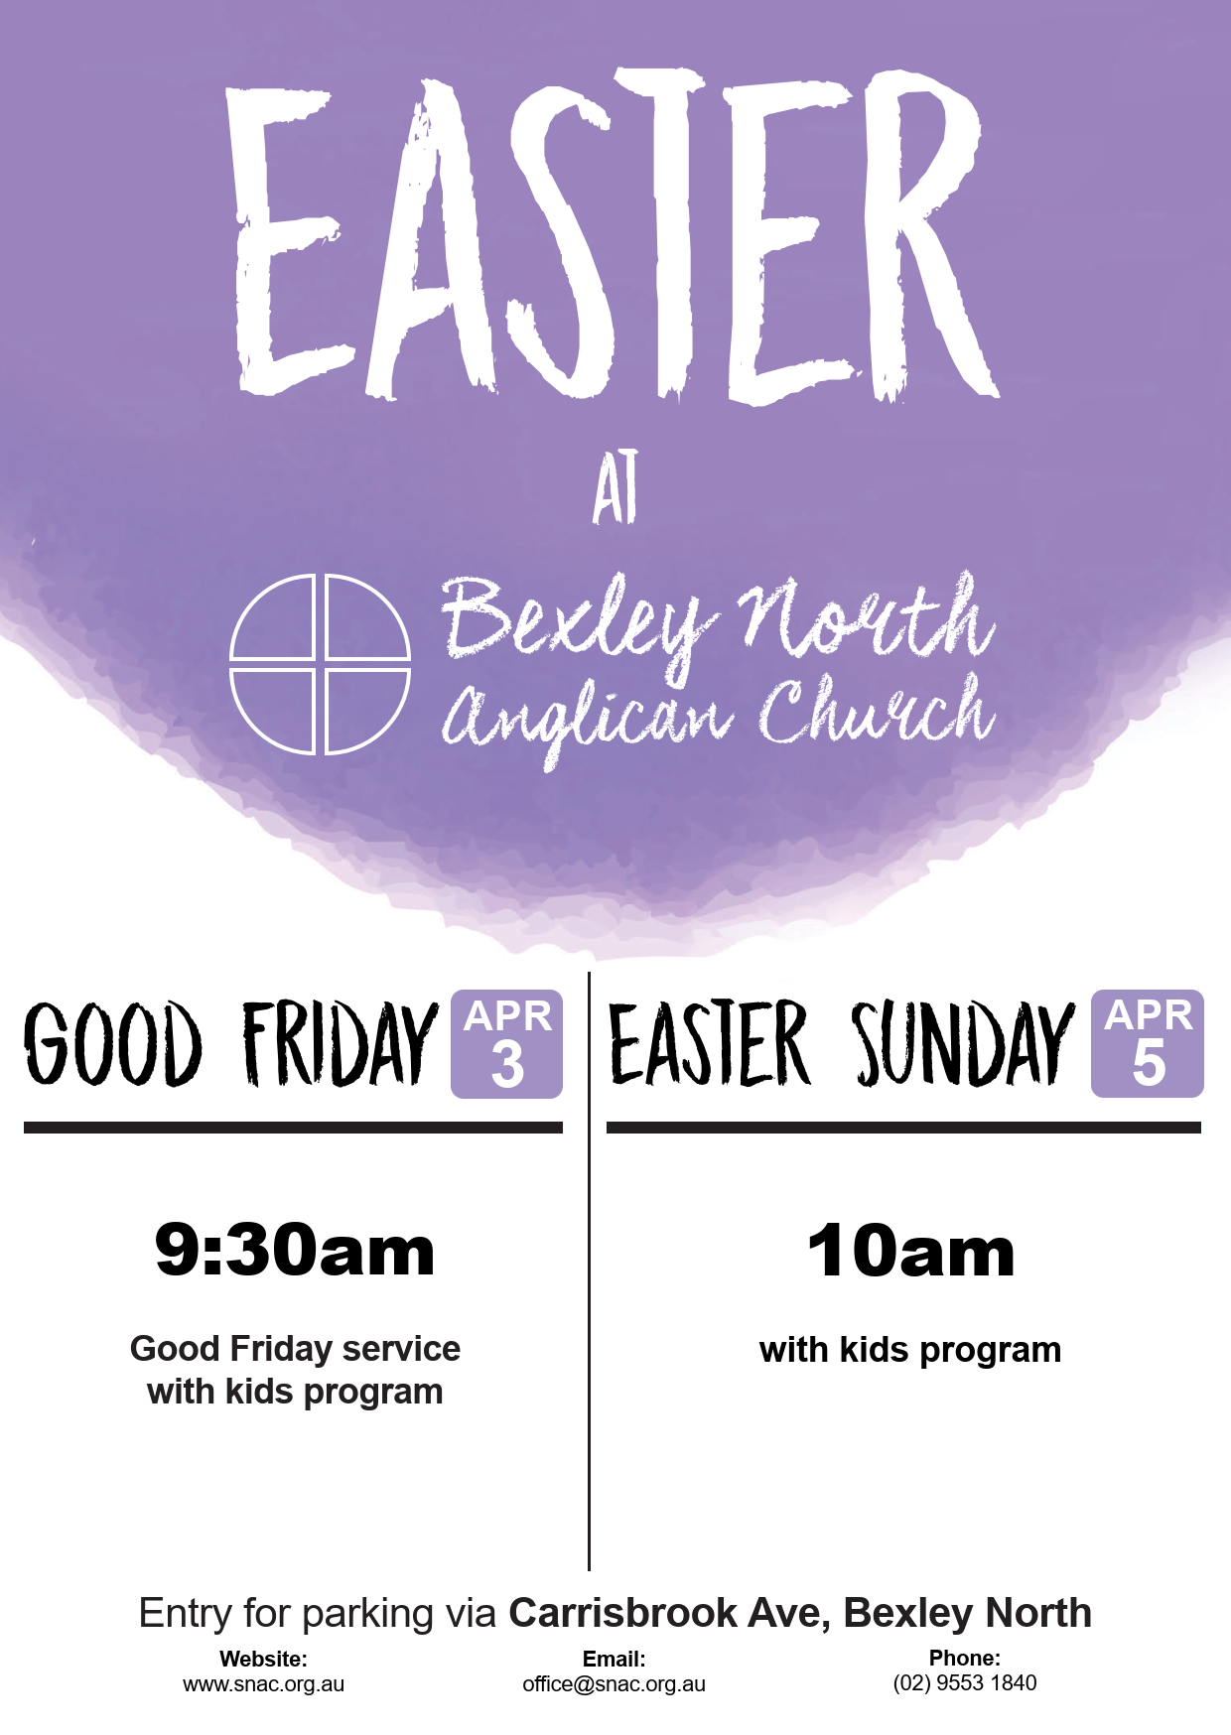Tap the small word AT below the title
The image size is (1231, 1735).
pos(615,487)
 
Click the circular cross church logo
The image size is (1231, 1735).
pos(320,664)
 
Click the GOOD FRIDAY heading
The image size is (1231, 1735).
pos(231,1043)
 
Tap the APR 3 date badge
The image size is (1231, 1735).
pos(507,1044)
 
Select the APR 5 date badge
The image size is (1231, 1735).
pos(1148,1043)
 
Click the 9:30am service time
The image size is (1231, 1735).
pos(295,1251)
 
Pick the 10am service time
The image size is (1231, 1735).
pos(910,1252)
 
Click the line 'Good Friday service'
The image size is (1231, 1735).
pos(295,1349)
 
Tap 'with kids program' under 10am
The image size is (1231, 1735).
pos(910,1351)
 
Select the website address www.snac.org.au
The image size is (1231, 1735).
pos(263,1684)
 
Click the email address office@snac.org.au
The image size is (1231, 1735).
pos(615,1684)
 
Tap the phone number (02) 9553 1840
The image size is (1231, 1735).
pos(965,1683)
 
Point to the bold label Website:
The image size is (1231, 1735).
pos(263,1659)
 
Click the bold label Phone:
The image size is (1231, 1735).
pos(965,1658)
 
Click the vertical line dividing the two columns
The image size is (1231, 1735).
pos(589,1270)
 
